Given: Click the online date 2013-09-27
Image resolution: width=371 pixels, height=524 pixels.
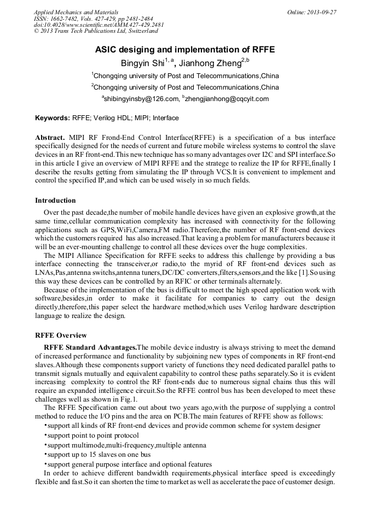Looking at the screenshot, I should pyautogui.click(x=322, y=11).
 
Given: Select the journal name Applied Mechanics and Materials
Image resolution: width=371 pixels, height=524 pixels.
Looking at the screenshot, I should pyautogui.click(x=69, y=11).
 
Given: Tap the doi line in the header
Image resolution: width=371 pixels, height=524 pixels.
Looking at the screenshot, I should pyautogui.click(x=98, y=25).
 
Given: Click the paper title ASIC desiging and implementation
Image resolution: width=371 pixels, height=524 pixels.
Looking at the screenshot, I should pyautogui.click(x=185, y=50).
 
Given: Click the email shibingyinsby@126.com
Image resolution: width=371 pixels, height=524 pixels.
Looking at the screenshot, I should pyautogui.click(x=142, y=99).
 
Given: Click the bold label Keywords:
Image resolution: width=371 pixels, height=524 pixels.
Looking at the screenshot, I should pyautogui.click(x=53, y=118).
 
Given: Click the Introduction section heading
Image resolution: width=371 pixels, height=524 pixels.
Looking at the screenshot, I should pyautogui.click(x=55, y=201).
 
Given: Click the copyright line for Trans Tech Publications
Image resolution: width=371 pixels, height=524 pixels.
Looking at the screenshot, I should pyautogui.click(x=96, y=31).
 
